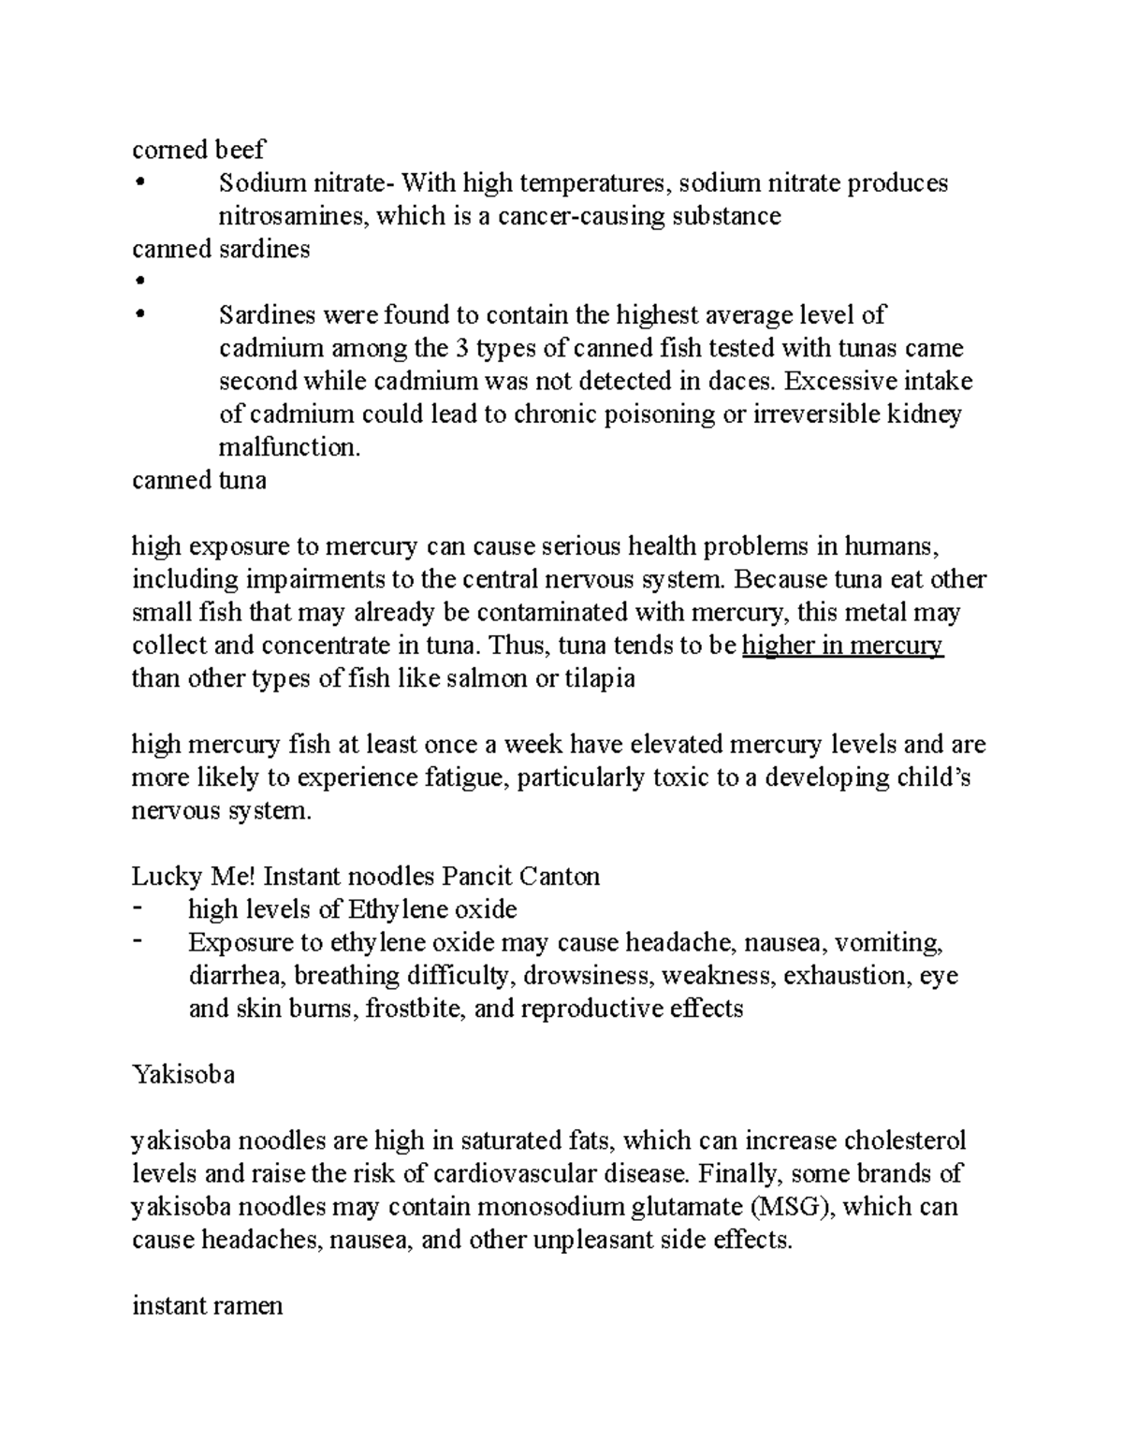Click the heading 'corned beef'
[198, 150]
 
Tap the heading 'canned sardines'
[221, 250]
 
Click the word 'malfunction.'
[289, 448]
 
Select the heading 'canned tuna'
[199, 481]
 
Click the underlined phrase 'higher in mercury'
[842, 647]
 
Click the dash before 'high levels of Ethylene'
[139, 908]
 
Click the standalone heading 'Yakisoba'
[183, 1075]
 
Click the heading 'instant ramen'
[207, 1306]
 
